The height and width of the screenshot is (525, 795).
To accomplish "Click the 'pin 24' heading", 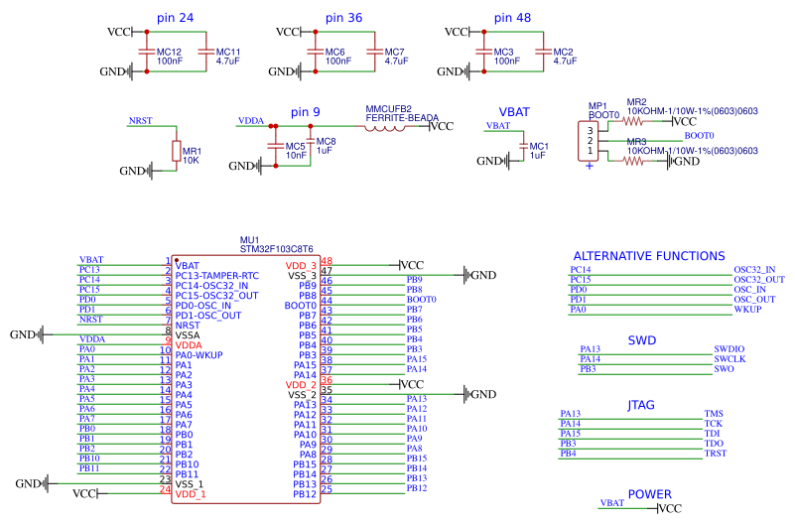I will click(x=175, y=18).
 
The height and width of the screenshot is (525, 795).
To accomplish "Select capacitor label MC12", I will click(x=170, y=52).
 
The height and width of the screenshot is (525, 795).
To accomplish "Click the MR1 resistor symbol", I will click(x=177, y=151).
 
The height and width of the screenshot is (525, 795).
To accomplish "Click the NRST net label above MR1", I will click(x=140, y=121).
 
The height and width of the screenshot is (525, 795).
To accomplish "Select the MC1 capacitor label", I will click(x=538, y=146).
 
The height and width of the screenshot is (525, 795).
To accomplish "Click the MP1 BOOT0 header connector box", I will click(x=590, y=141).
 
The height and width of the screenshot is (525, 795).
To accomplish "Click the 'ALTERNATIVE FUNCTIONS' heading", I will click(x=649, y=256).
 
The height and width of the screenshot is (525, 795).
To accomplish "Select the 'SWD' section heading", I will click(x=642, y=340).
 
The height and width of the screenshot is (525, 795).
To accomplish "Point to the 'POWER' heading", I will click(x=649, y=494).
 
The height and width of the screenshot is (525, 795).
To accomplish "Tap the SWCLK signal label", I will click(x=729, y=359).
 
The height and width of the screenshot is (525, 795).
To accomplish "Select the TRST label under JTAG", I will click(x=716, y=454).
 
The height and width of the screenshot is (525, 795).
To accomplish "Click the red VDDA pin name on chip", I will click(x=189, y=344).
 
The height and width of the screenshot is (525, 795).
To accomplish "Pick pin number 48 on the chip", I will click(x=326, y=261).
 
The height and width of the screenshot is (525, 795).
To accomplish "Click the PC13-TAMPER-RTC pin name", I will click(x=216, y=275).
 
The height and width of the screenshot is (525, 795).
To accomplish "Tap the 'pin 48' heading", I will click(x=512, y=18).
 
